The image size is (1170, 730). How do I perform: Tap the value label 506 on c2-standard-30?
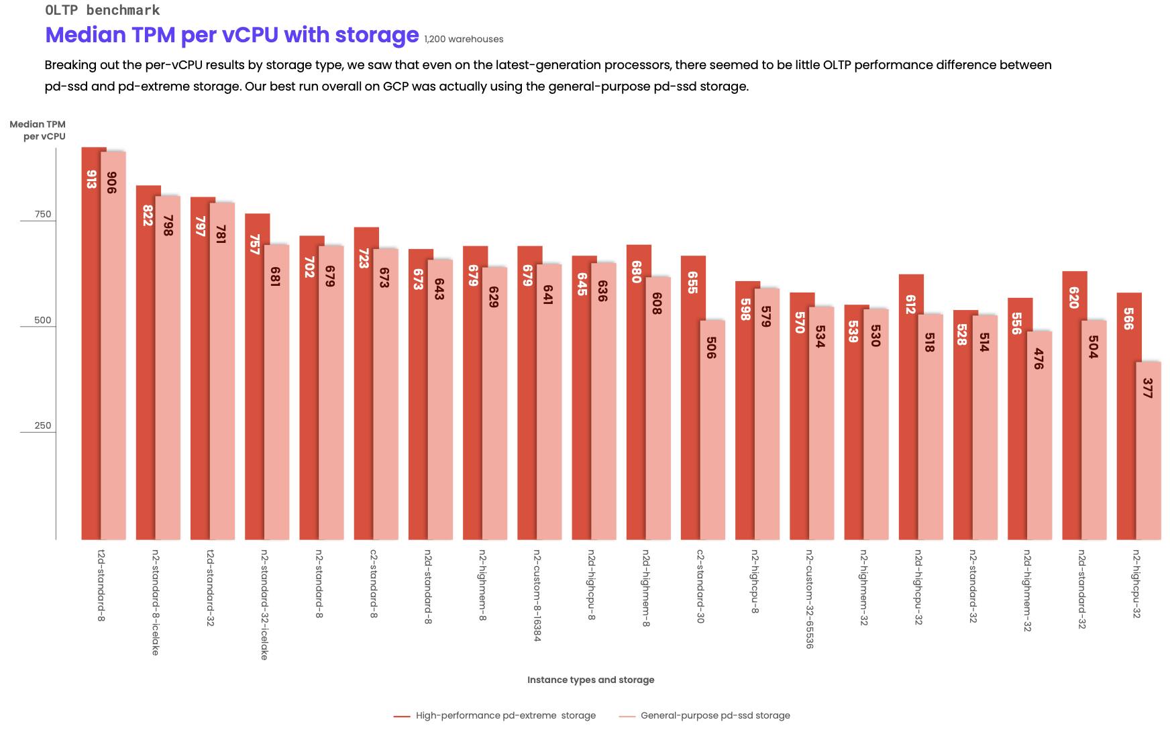(711, 347)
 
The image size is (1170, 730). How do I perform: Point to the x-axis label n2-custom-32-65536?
(810, 598)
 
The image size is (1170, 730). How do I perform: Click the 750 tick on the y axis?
(42, 214)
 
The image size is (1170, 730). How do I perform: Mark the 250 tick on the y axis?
(42, 425)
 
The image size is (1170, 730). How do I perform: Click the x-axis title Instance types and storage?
(590, 680)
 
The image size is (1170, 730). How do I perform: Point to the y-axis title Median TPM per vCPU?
(38, 130)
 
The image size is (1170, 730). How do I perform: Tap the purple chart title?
(231, 35)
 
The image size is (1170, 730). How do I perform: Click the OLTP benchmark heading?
(102, 10)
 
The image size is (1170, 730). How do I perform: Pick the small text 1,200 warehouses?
(464, 39)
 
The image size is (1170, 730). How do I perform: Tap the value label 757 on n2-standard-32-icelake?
(254, 244)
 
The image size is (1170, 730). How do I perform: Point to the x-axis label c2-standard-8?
(374, 584)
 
